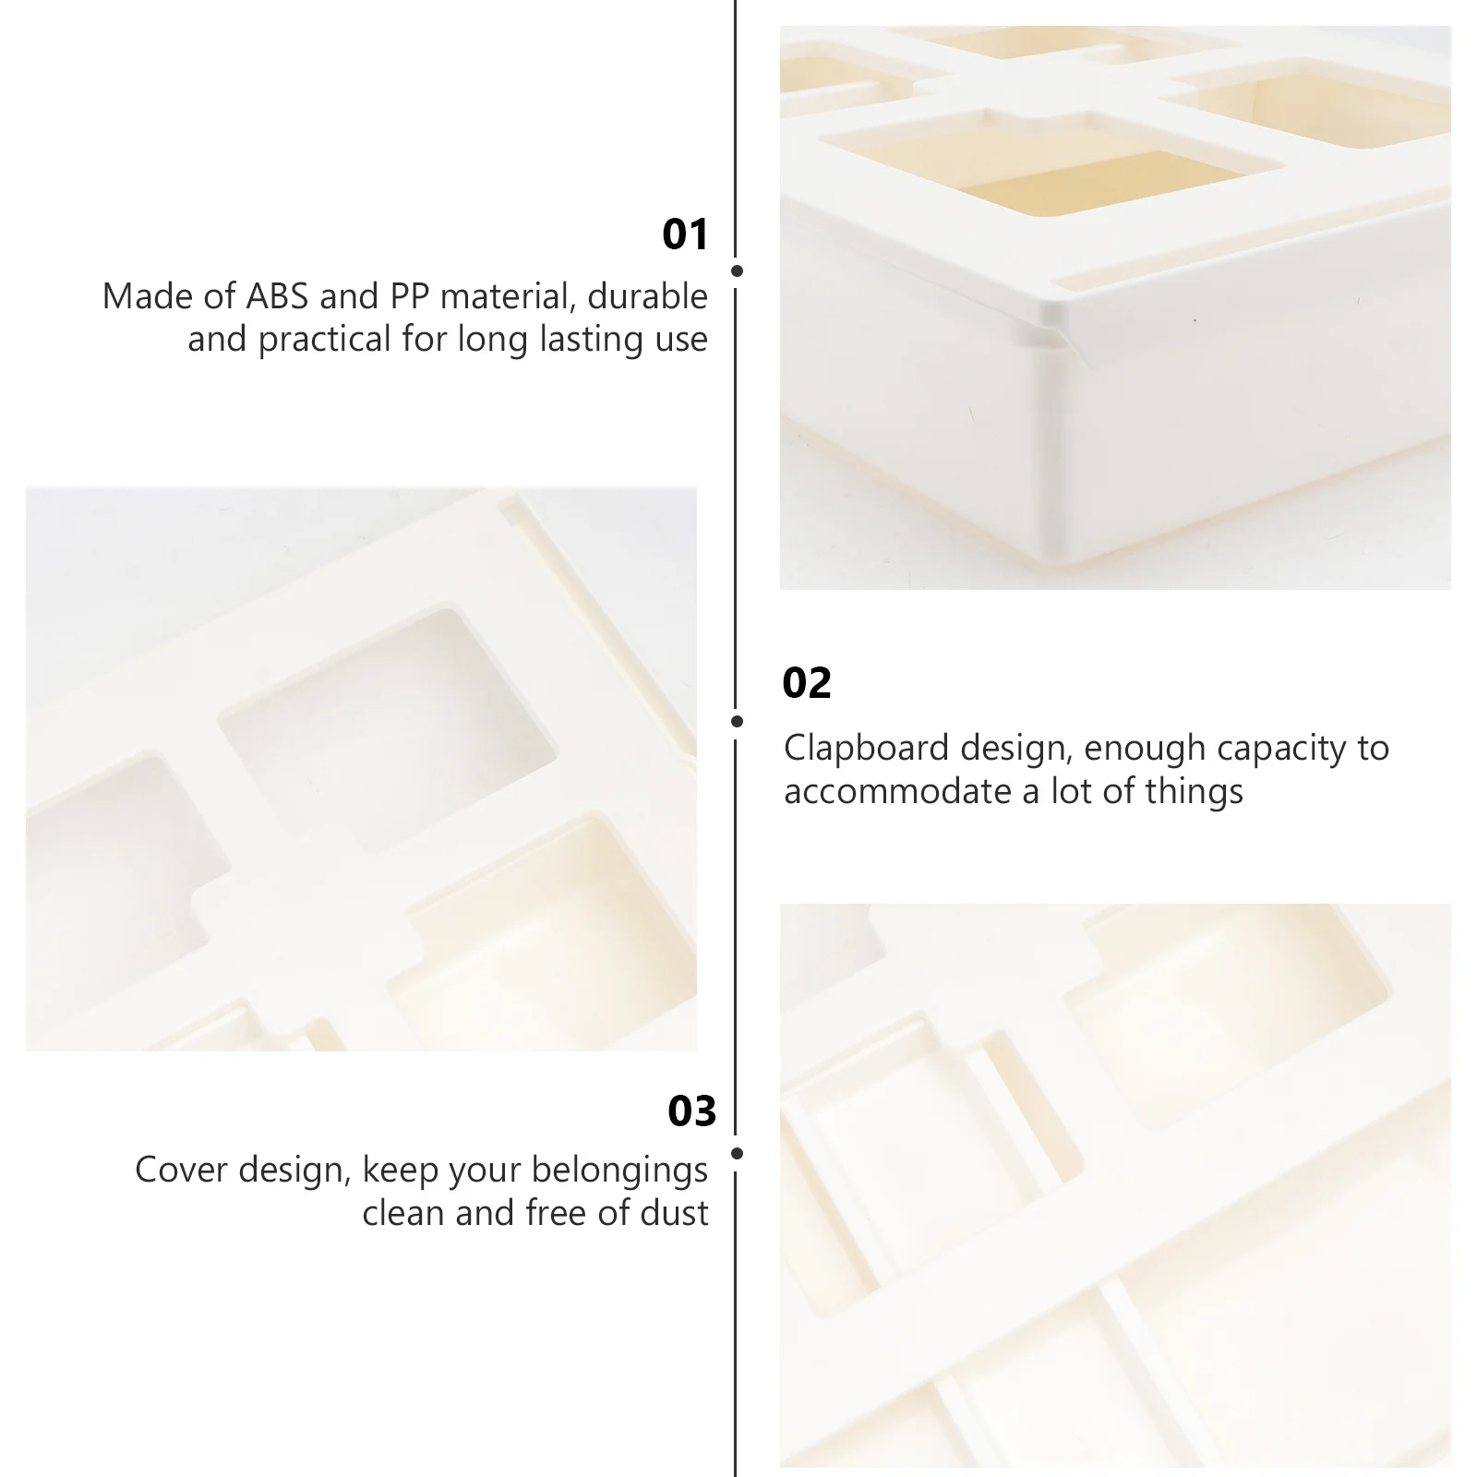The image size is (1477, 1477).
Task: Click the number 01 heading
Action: tap(685, 234)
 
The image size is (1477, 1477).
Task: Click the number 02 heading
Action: tap(806, 683)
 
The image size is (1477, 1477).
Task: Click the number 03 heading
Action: tap(691, 1111)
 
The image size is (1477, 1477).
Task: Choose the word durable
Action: tap(647, 296)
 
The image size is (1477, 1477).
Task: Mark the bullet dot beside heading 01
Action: tap(737, 271)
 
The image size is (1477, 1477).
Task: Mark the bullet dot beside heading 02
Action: tap(737, 721)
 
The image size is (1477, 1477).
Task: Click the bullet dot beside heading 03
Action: tap(737, 1153)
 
